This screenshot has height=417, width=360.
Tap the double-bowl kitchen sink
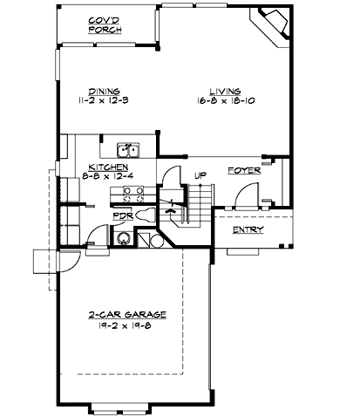[128, 149]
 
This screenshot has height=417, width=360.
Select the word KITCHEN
[109, 167]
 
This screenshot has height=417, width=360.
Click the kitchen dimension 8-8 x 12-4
[109, 176]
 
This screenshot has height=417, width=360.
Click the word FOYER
[244, 171]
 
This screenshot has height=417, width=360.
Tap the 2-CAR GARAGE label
[127, 314]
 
